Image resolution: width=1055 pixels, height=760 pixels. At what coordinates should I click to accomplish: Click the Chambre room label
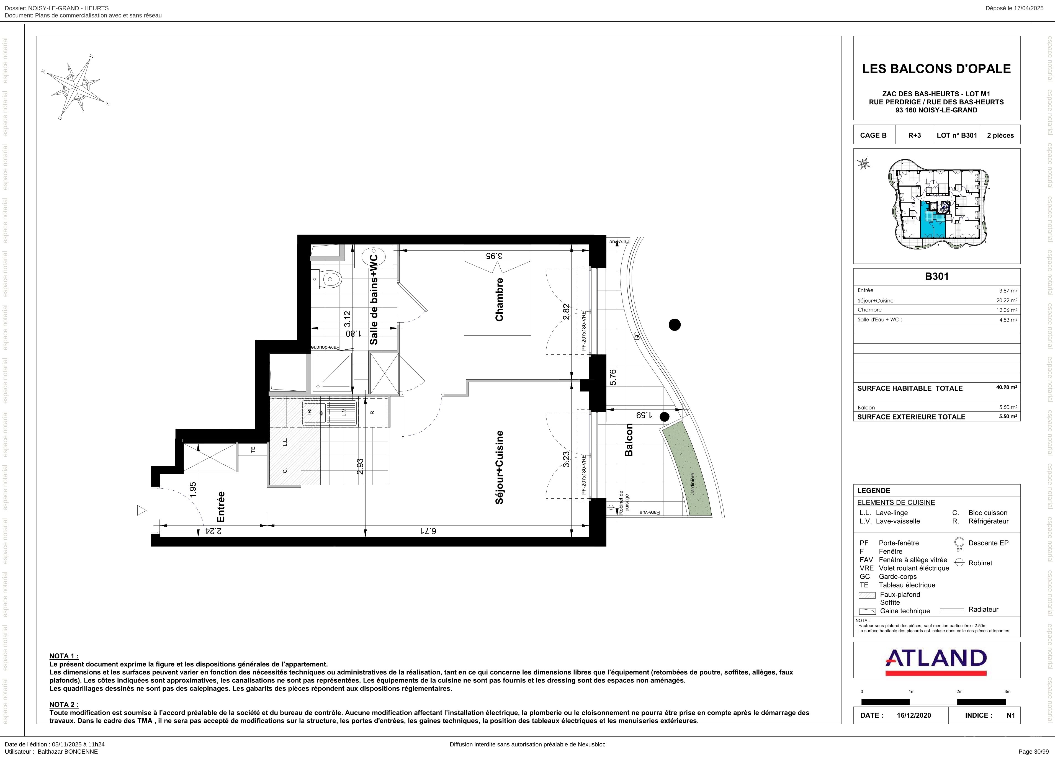coord(500,300)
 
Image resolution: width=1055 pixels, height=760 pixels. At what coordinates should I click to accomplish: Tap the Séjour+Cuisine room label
coord(500,467)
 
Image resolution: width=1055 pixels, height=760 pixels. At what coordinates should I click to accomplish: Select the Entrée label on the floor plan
coord(221,506)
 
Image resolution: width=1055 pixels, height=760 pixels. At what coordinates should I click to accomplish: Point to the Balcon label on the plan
coord(629,440)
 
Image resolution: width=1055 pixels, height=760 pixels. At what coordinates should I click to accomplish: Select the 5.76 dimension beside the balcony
coord(613,377)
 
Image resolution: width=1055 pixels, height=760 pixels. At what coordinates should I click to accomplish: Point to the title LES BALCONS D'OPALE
coord(936,69)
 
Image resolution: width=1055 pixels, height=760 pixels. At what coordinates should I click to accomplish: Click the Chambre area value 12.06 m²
coord(1007,310)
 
